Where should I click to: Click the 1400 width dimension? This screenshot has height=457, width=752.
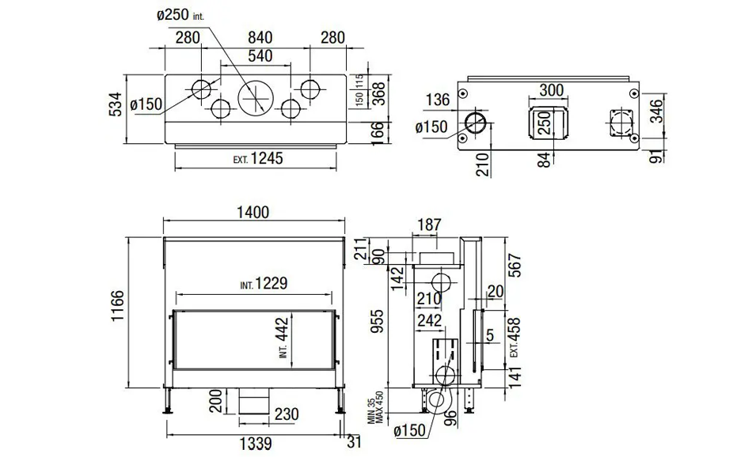tap(252, 212)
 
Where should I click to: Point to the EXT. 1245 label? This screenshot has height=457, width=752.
tap(258, 158)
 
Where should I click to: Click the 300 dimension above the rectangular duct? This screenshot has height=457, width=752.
tap(551, 91)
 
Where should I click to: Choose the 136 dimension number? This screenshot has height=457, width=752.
tap(437, 100)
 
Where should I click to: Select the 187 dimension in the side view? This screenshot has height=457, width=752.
tap(428, 225)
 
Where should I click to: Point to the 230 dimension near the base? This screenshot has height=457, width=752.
tap(287, 414)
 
